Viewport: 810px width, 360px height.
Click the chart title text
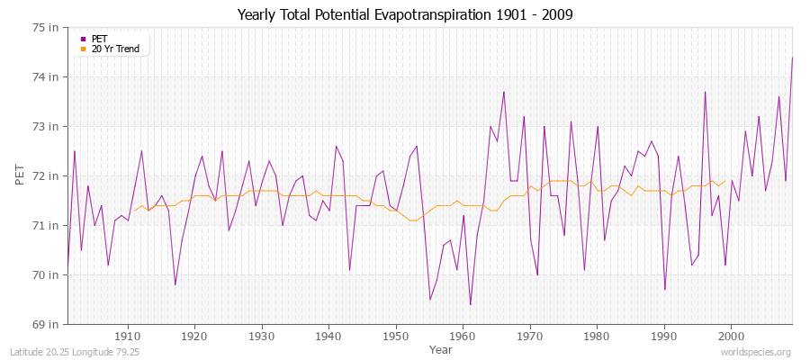click(404, 14)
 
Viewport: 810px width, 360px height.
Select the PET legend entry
click(99, 39)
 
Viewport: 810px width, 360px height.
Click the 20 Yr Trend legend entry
click(114, 49)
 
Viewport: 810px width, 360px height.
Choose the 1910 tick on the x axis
click(127, 336)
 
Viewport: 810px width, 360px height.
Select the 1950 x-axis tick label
click(395, 336)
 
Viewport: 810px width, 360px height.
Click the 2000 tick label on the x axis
click(730, 336)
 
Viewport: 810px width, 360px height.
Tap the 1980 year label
click(596, 336)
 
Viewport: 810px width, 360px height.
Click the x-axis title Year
click(441, 348)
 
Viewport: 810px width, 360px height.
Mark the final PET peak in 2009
click(792, 58)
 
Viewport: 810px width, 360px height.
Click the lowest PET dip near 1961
click(470, 304)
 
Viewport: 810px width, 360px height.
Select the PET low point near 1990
click(664, 290)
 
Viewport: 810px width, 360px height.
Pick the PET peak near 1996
click(705, 92)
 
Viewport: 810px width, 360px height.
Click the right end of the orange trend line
click(725, 181)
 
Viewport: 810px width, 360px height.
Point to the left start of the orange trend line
click(134, 211)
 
